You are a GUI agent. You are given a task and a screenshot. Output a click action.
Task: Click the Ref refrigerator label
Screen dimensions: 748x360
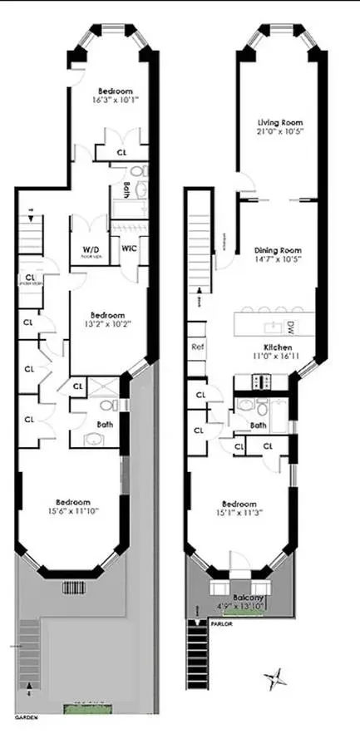(x=198, y=347)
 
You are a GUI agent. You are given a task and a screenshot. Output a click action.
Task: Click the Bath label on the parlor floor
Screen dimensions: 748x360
(x=258, y=425)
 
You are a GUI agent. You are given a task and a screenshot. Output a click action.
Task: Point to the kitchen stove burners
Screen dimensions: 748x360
(x=257, y=382)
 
